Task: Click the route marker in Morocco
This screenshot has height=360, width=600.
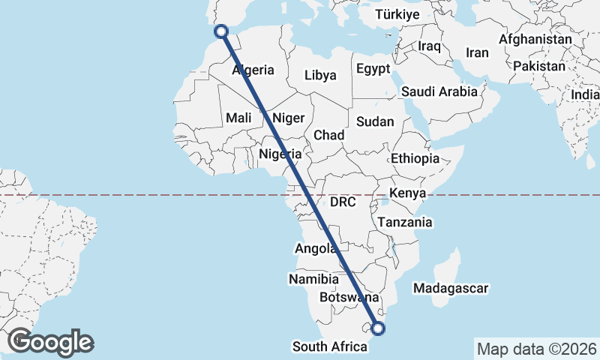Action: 221,31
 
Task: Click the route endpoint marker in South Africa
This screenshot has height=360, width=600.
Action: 378,328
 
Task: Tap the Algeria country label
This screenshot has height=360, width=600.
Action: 253,70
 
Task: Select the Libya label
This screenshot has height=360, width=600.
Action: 320,75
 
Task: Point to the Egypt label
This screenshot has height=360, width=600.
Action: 373,69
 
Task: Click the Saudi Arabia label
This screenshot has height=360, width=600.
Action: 439,91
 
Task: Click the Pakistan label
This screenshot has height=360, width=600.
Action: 539,66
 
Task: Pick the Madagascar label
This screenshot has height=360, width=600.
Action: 451,288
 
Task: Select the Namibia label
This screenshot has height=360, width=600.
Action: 313,279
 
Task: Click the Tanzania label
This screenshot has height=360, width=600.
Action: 405,222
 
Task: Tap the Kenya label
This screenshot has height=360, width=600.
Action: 408,193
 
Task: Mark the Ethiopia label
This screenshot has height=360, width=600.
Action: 415,158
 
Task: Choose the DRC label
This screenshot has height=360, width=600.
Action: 342,202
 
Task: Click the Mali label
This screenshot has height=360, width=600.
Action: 238,118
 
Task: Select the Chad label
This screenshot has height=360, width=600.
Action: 328,135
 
